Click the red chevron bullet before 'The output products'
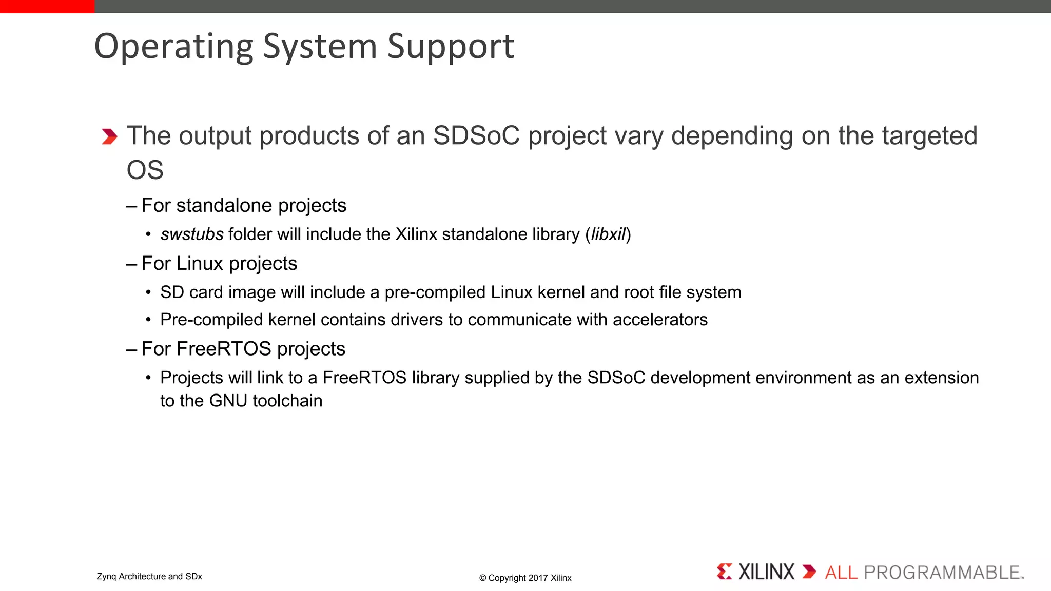click(109, 136)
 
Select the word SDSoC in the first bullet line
click(476, 136)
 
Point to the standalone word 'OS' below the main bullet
click(145, 170)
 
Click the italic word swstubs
click(192, 234)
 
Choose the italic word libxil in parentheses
click(608, 234)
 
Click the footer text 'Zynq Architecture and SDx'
click(149, 576)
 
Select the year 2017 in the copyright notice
click(538, 578)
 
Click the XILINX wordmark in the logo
click(766, 572)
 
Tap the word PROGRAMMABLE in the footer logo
click(942, 572)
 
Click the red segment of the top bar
click(47, 6)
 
